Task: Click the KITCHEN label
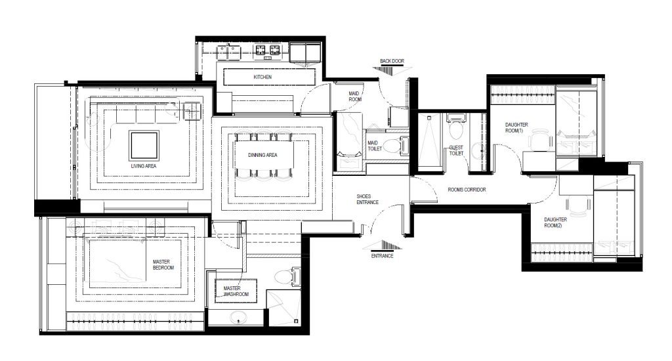click(x=262, y=77)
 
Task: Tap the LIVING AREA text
click(x=144, y=166)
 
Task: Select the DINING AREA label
click(x=262, y=155)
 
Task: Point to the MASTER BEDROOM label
click(x=163, y=265)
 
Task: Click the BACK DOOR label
click(x=392, y=61)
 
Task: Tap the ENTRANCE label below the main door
click(x=382, y=256)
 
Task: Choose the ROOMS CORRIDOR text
click(x=467, y=190)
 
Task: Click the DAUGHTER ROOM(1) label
click(x=516, y=128)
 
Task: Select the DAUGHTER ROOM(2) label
click(x=555, y=223)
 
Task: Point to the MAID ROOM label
click(x=354, y=96)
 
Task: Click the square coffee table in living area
click(x=144, y=146)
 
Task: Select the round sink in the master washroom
click(x=238, y=318)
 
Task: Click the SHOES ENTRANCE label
click(x=367, y=200)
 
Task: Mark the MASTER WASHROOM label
click(x=236, y=291)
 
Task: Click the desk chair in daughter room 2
click(x=577, y=206)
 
